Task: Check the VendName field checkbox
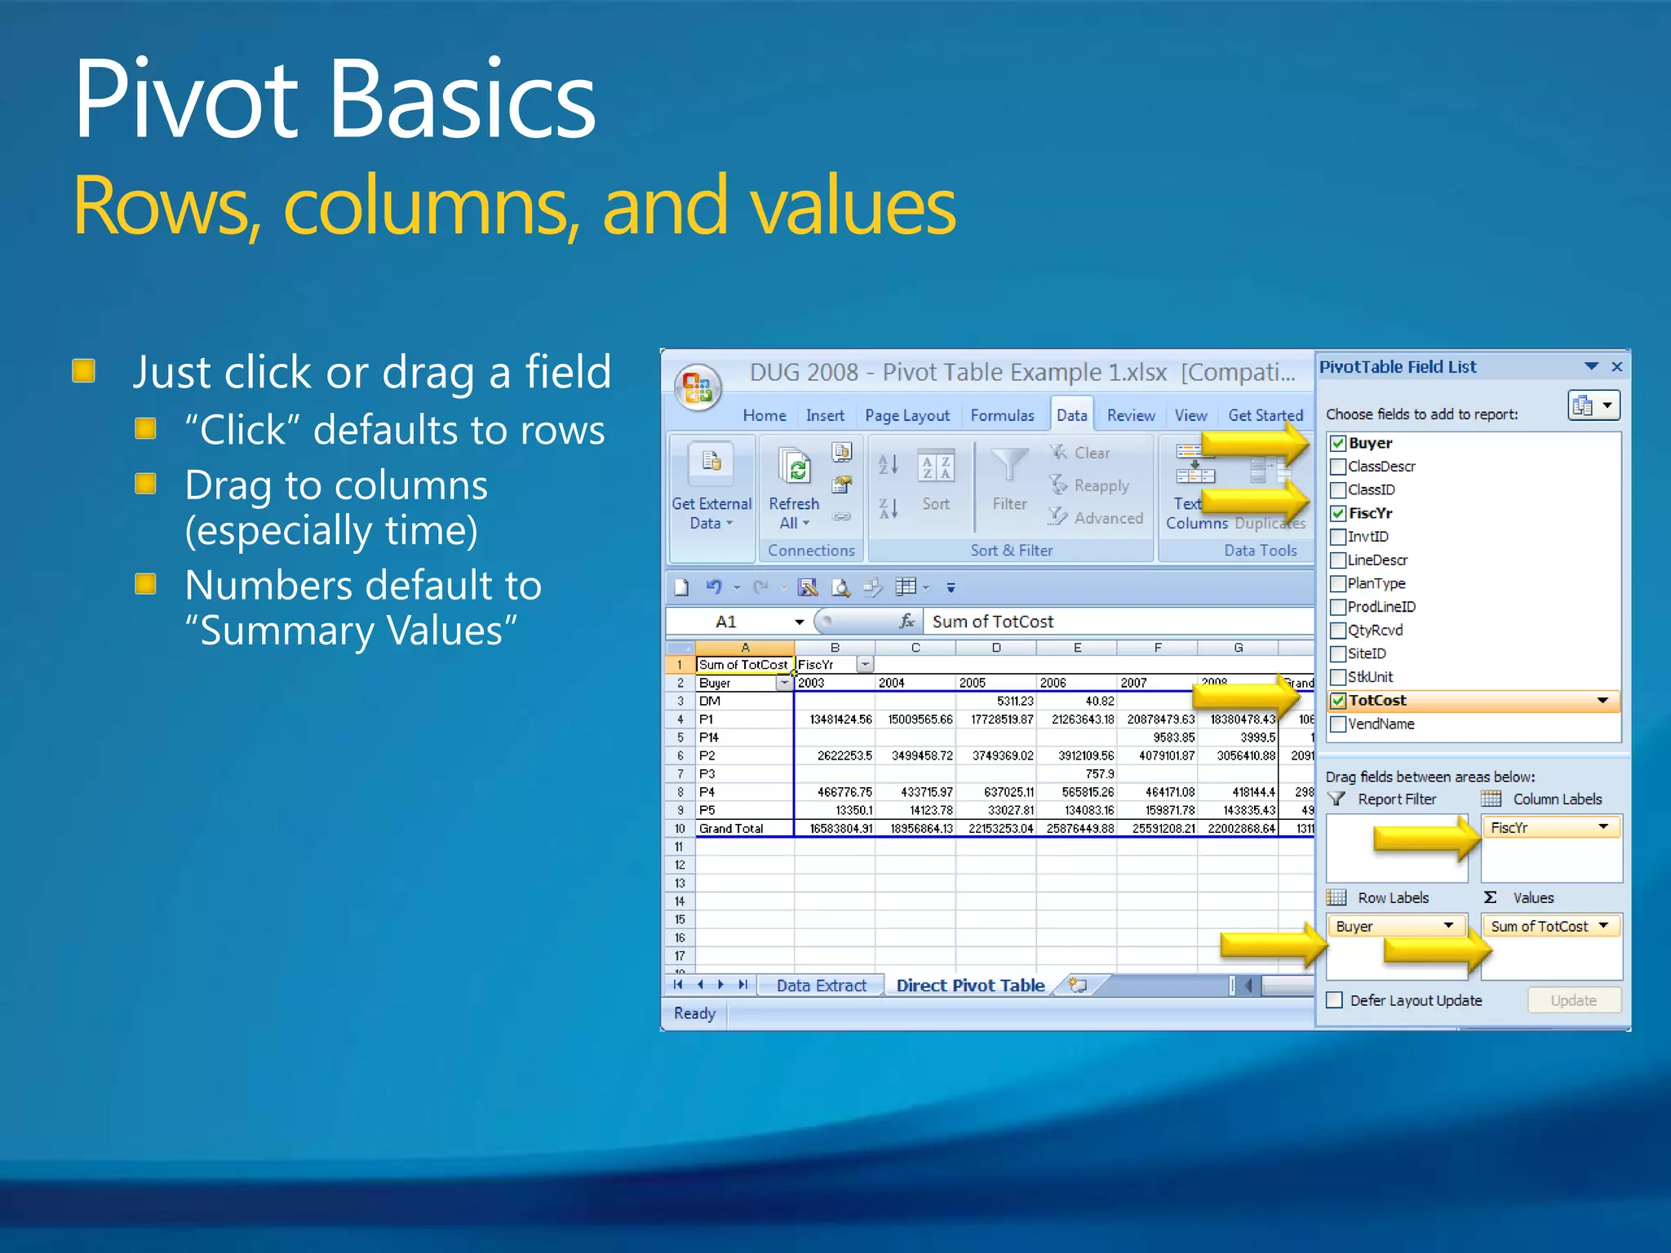pyautogui.click(x=1338, y=724)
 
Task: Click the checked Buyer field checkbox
pyautogui.click(x=1338, y=444)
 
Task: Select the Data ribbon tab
pyautogui.click(x=1071, y=415)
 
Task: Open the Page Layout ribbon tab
pyautogui.click(x=906, y=415)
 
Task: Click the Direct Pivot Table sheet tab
pyautogui.click(x=969, y=985)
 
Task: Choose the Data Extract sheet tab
pyautogui.click(x=821, y=985)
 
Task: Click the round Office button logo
pyautogui.click(x=698, y=387)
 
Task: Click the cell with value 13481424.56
pyautogui.click(x=840, y=719)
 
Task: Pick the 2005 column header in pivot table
pyautogui.click(x=973, y=683)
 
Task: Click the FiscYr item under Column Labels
pyautogui.click(x=1549, y=828)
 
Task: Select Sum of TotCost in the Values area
pyautogui.click(x=1549, y=927)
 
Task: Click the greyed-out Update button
pyautogui.click(x=1573, y=1001)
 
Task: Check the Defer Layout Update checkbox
pyautogui.click(x=1335, y=1001)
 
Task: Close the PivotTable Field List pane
pyautogui.click(x=1616, y=367)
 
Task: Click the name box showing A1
pyautogui.click(x=734, y=622)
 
